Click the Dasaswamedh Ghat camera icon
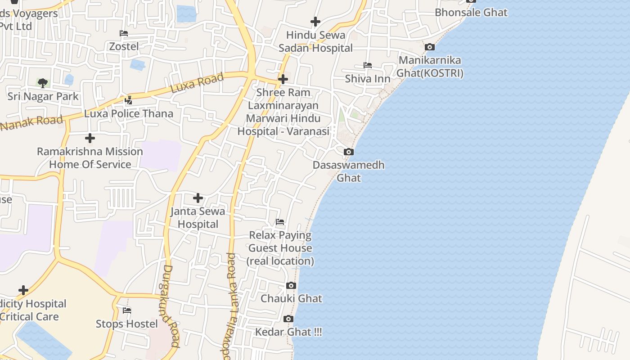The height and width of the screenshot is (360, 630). point(349,152)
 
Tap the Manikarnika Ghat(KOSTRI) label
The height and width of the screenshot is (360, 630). point(430,67)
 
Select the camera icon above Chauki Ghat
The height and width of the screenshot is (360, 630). point(291,285)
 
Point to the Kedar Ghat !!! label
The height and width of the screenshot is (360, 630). point(288,332)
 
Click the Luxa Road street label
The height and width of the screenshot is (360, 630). point(197,83)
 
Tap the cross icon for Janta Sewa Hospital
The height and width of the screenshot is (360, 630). point(198,198)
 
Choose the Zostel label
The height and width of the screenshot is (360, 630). point(124,46)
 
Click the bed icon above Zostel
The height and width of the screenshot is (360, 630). point(124,33)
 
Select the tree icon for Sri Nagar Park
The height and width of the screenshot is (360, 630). point(43,83)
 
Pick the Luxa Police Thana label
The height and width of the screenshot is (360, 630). point(129,113)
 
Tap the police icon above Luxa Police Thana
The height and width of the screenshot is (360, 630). point(129,100)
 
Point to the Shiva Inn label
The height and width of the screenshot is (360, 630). point(368,79)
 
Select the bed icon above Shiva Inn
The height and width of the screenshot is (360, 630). point(368,65)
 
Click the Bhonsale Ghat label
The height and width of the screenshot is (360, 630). point(471,13)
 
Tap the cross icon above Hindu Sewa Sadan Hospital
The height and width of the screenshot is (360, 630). point(315,21)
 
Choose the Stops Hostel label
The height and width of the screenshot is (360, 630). point(127,324)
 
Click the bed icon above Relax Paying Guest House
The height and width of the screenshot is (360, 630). point(280,222)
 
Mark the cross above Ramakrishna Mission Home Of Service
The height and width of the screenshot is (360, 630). point(90,138)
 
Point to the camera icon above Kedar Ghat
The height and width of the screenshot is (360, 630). point(288,319)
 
